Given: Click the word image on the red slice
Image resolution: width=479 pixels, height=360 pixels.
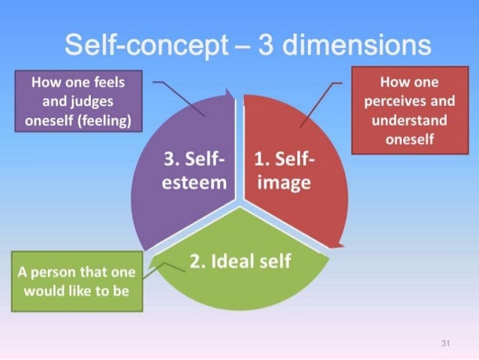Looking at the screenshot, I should [283, 183].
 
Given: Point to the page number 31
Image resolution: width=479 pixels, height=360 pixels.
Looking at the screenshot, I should [445, 343].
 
